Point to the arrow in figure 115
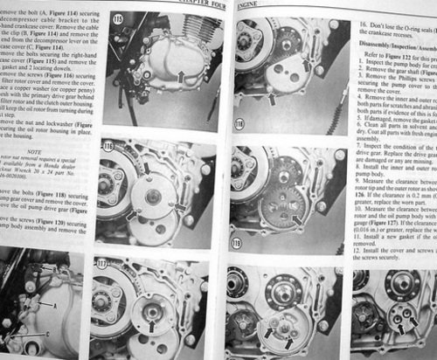pyautogui.click(x=178, y=78)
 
